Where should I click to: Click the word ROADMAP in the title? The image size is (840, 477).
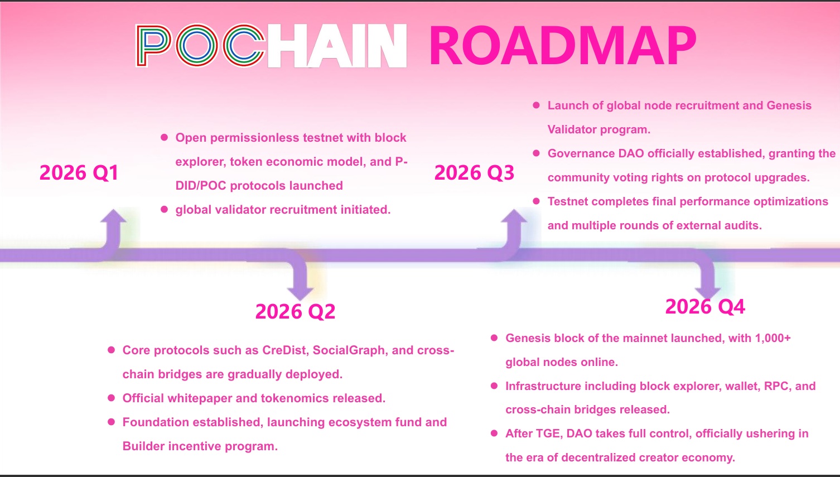(562, 46)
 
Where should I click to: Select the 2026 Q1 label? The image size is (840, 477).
(79, 173)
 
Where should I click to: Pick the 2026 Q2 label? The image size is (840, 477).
(295, 312)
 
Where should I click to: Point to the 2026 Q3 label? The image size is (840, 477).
(474, 173)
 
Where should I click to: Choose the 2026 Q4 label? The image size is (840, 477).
(705, 307)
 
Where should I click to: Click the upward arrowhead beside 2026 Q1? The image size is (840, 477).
(113, 216)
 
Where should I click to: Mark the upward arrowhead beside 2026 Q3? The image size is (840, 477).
(514, 216)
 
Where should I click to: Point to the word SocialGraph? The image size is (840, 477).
(349, 350)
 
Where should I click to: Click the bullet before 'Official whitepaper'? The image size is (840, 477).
(112, 398)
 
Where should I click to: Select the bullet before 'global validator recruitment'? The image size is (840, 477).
(164, 209)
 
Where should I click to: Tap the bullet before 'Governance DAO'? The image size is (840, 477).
(536, 153)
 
